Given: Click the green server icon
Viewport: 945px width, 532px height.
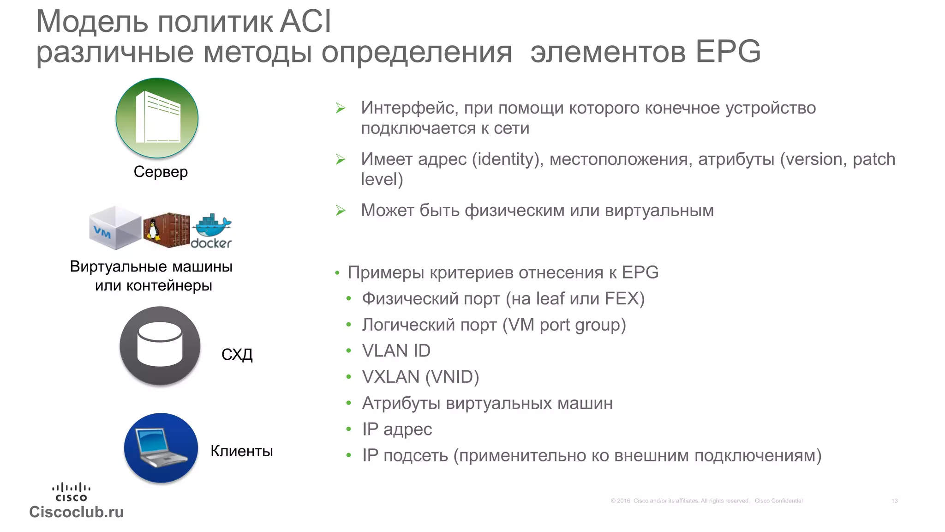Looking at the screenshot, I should [x=157, y=118].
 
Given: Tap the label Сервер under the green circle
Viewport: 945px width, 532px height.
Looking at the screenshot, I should [x=161, y=172].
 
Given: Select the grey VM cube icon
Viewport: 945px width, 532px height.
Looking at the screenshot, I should [x=115, y=228].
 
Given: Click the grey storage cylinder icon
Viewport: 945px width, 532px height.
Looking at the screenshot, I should [x=160, y=345].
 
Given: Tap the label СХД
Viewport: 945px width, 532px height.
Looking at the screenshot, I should [x=237, y=355].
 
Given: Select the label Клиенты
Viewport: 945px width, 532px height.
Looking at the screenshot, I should [x=241, y=451].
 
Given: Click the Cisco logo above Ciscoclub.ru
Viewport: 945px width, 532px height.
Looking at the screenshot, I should [x=71, y=492].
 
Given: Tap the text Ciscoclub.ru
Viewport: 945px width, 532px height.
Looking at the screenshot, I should [x=77, y=512].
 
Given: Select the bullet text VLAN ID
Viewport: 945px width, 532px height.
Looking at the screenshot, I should [x=396, y=351].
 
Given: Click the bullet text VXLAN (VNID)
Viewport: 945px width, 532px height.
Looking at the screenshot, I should [x=420, y=377].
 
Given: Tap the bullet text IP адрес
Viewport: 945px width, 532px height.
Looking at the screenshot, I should [x=397, y=429].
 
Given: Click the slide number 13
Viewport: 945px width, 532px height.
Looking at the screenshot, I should [x=894, y=501].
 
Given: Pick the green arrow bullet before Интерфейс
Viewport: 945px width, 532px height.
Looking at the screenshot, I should [x=341, y=109].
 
